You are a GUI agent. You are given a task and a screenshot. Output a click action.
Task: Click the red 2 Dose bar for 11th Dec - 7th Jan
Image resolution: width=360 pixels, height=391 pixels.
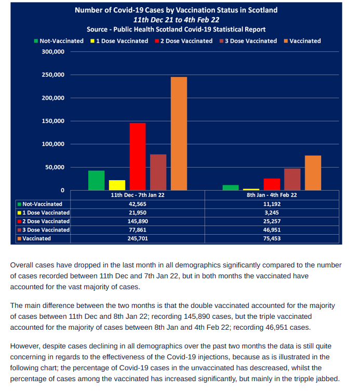click(x=138, y=157)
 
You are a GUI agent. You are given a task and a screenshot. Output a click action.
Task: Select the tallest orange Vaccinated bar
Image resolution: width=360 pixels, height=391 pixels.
click(x=179, y=133)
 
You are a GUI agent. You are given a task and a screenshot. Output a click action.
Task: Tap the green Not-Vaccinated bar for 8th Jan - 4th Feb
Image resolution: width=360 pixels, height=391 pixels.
click(x=231, y=187)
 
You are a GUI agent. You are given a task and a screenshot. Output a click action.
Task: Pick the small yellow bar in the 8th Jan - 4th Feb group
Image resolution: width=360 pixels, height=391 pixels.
click(x=251, y=190)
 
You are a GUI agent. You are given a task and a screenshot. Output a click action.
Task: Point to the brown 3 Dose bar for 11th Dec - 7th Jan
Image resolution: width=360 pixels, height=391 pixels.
click(x=158, y=172)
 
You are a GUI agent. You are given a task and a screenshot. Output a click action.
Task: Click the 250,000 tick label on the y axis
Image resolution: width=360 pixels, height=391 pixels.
click(x=53, y=75)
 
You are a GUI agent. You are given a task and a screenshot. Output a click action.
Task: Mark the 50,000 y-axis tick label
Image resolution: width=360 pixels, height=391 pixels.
click(x=55, y=167)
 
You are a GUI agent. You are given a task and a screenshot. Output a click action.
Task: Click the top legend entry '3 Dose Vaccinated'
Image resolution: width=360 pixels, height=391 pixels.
click(x=248, y=41)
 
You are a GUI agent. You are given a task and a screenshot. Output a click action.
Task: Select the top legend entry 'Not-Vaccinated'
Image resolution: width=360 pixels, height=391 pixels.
click(x=59, y=41)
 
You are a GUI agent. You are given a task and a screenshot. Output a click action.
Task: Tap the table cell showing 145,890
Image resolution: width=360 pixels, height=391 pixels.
click(x=138, y=221)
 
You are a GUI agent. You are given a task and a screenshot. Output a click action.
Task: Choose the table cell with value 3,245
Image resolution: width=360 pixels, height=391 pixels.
click(x=272, y=213)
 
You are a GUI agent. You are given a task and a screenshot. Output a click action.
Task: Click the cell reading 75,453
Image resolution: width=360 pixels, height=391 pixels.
click(x=272, y=239)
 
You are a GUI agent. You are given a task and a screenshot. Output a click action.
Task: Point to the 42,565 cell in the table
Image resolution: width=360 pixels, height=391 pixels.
click(x=138, y=204)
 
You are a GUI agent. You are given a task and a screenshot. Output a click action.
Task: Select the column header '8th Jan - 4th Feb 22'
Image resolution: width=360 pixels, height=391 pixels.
click(x=272, y=195)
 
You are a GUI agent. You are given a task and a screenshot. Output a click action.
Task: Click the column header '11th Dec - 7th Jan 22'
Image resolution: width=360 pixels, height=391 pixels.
click(x=138, y=195)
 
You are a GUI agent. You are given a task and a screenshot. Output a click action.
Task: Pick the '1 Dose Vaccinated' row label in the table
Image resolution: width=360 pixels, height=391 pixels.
click(x=44, y=213)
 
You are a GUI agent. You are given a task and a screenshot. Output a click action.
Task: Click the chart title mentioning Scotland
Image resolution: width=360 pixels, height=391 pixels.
click(x=176, y=10)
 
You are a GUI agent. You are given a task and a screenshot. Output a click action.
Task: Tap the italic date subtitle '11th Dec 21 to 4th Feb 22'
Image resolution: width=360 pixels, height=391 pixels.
click(x=176, y=20)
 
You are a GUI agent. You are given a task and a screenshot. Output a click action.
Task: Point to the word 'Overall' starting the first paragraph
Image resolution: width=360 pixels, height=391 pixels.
click(x=22, y=265)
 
